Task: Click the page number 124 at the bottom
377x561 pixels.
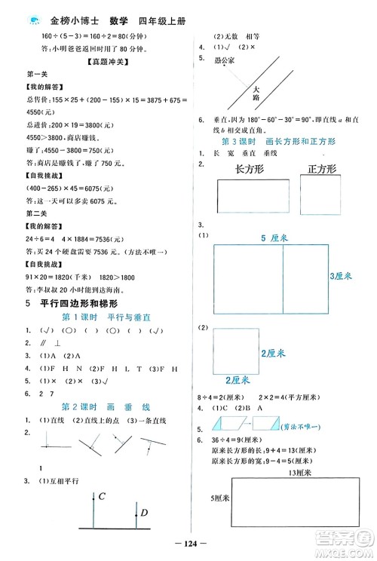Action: (x=188, y=544)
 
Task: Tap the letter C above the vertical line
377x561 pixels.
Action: (x=100, y=496)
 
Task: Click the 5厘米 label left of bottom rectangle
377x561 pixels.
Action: (x=219, y=497)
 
